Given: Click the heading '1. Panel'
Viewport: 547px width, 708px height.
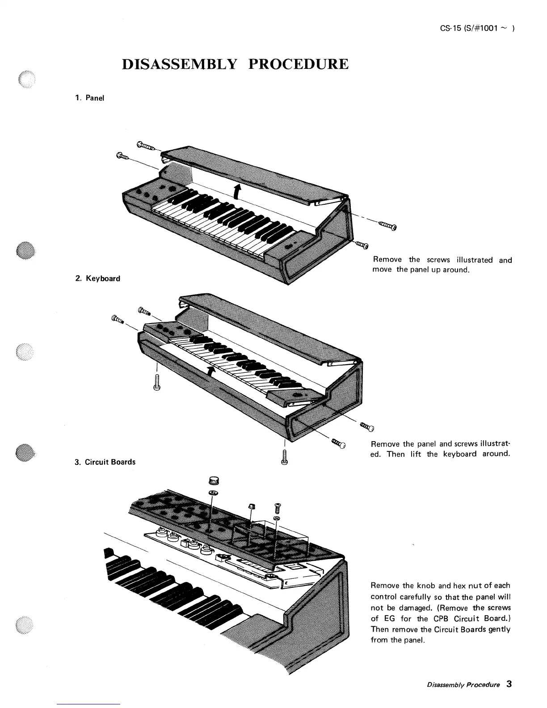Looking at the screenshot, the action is tap(89, 98).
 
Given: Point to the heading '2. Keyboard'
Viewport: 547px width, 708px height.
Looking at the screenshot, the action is tap(97, 278).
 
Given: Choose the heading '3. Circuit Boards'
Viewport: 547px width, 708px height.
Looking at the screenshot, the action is tap(105, 462).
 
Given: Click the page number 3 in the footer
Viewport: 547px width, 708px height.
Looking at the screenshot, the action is tap(509, 684).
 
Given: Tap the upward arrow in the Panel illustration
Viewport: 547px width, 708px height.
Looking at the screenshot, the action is tap(237, 191).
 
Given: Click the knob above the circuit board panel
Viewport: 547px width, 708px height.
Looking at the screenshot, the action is tap(213, 481).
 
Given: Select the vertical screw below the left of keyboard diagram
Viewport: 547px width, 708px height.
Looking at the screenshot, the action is tap(156, 383).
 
